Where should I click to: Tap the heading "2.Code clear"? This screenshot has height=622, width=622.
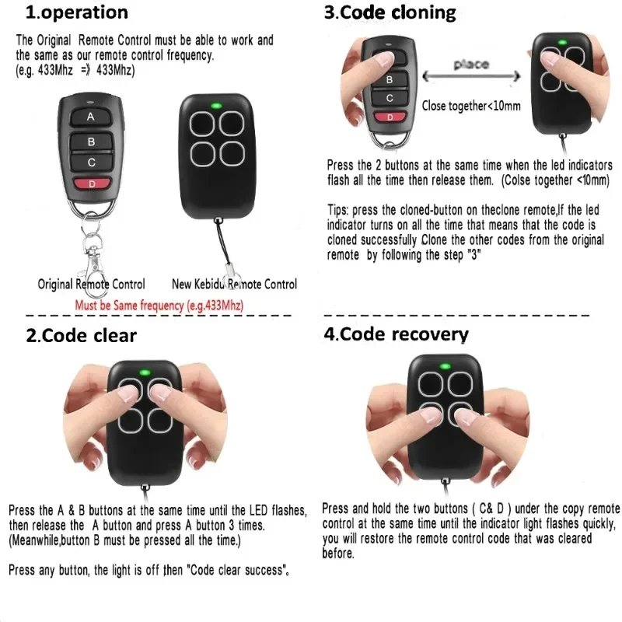[x=81, y=335]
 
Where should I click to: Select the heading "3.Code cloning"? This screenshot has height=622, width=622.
[x=390, y=12]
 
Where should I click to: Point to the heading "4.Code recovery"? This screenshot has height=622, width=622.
[x=396, y=334]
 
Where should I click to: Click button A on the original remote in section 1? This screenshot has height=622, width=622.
[x=91, y=117]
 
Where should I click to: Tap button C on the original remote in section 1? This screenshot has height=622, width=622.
[x=91, y=162]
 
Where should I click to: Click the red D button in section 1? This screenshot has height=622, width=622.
[x=91, y=184]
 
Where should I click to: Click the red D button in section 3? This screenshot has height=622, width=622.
[x=390, y=117]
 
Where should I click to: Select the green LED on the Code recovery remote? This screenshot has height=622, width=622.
[x=445, y=368]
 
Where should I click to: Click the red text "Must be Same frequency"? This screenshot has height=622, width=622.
[x=159, y=306]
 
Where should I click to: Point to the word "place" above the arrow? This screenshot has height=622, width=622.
[x=470, y=65]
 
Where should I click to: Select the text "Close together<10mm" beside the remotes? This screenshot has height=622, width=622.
[x=471, y=106]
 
